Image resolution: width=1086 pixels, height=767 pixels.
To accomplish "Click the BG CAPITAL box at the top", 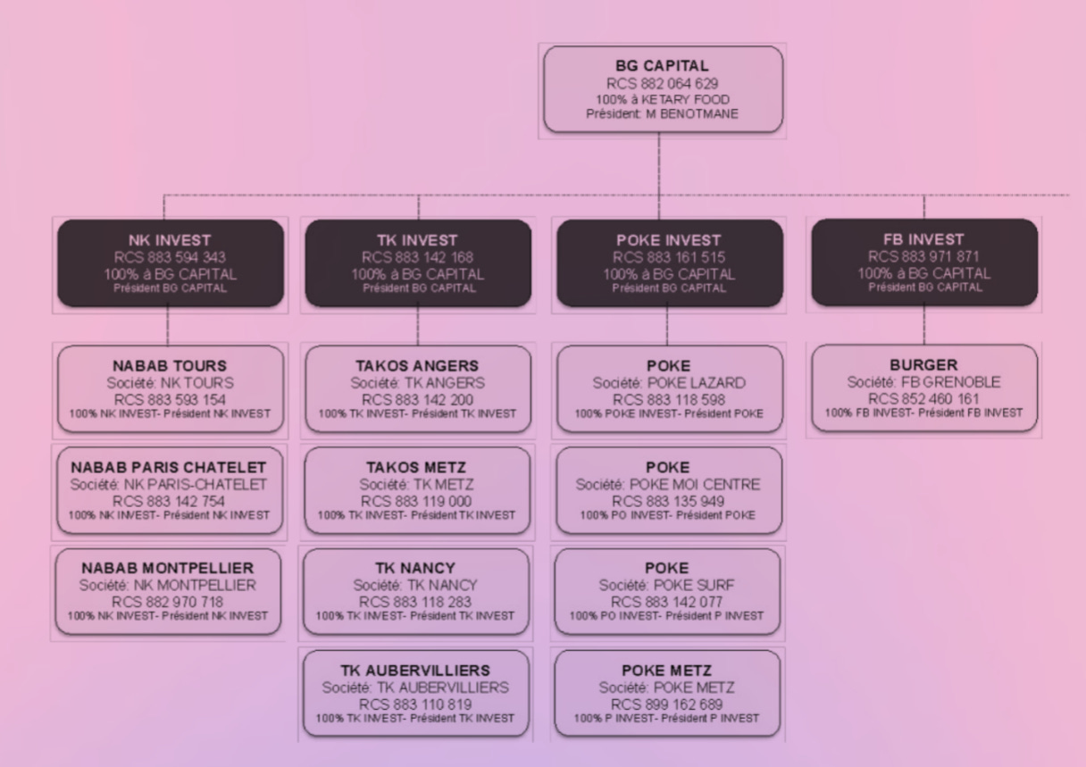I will (x=663, y=89).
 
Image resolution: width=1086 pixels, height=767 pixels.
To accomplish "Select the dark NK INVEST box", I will (x=170, y=263).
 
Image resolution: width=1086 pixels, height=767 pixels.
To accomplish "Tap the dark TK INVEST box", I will (x=418, y=263).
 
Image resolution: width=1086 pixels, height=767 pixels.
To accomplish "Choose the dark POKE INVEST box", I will (x=668, y=263).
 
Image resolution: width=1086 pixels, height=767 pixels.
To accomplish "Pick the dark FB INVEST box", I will (x=923, y=263).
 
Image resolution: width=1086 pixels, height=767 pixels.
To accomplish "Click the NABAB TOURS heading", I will (x=170, y=366).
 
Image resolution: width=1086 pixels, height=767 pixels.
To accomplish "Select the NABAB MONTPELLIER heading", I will (x=170, y=568).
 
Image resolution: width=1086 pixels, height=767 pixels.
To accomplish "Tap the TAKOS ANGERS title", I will (x=418, y=366).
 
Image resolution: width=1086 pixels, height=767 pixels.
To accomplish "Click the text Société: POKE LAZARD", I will (x=668, y=383).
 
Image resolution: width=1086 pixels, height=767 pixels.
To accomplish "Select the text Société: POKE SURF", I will (x=668, y=586).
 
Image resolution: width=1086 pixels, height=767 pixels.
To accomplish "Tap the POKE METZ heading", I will (x=667, y=670).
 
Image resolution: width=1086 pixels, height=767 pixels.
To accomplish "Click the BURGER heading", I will (x=923, y=366).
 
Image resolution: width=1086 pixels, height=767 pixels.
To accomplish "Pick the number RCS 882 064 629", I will (x=663, y=83).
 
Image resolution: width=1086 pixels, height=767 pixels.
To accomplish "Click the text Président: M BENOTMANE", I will (x=663, y=113).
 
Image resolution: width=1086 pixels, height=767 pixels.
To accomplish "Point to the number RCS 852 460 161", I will (x=923, y=398).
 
